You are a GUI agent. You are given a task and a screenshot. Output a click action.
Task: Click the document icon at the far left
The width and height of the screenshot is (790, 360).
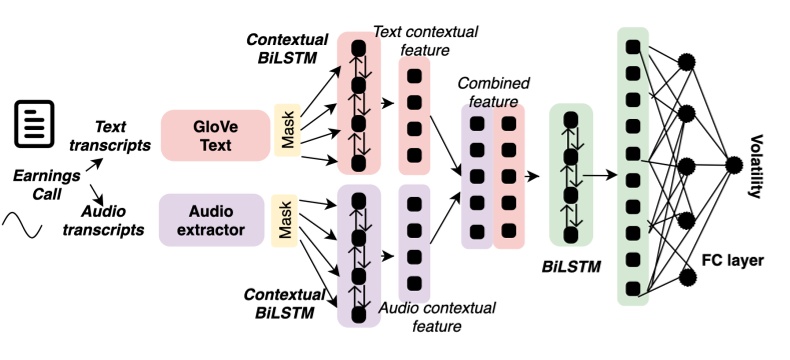pos(32,118)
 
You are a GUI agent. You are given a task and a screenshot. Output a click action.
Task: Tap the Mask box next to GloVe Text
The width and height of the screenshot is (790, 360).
pos(286,130)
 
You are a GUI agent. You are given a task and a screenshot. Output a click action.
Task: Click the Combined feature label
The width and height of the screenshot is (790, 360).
pos(493,93)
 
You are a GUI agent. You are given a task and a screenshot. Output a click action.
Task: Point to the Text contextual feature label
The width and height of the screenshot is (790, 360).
pos(412,40)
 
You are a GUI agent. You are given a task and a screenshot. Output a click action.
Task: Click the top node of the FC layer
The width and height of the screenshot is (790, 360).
pos(686,62)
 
